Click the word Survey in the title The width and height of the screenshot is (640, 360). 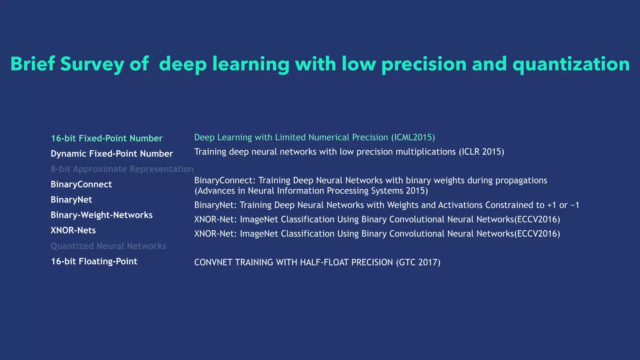tap(92, 64)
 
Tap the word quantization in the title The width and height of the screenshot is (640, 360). tap(571, 64)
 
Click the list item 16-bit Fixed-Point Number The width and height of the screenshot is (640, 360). tap(107, 138)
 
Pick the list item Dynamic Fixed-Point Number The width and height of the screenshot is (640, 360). tap(112, 154)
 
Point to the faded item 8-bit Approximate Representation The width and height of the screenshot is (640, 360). tap(122, 169)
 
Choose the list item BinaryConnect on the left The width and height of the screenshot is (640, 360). tap(81, 184)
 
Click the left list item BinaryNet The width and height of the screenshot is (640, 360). tap(71, 200)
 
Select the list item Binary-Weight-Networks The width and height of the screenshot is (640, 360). tap(102, 215)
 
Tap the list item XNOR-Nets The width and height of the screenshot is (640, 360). tap(73, 230)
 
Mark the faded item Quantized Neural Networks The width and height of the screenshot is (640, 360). tap(108, 246)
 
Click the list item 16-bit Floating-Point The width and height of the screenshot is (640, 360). tap(94, 261)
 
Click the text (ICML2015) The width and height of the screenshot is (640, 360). tap(413, 137)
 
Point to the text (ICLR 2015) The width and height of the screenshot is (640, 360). tap(481, 152)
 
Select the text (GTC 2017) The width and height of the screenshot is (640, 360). tap(418, 262)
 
